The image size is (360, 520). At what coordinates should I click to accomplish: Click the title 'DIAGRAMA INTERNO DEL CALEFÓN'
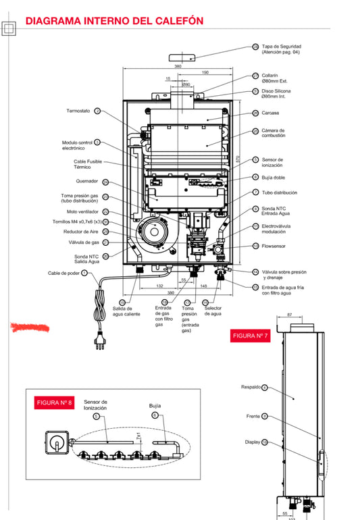coord(114,21)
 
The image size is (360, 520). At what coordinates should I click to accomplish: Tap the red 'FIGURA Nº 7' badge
coord(250,336)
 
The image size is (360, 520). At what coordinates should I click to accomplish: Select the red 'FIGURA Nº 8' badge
coord(54,402)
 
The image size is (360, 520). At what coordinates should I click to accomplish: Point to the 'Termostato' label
coord(78,111)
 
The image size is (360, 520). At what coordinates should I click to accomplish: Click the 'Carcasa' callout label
coord(270,113)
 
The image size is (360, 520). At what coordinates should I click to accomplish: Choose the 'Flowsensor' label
coord(274,246)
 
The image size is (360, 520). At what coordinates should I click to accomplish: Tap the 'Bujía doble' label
coord(274,178)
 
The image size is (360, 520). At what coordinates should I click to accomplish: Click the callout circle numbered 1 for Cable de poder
coord(84,273)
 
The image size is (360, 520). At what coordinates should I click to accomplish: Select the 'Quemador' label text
coord(87,181)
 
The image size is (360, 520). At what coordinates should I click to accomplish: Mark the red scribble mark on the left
coord(30,328)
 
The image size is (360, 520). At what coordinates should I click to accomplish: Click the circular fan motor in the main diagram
coord(154,232)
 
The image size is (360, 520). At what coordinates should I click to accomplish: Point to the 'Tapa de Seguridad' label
coord(282,47)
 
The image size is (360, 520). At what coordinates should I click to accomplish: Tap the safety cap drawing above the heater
coord(182,57)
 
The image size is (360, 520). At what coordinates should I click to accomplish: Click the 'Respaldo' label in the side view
coord(251,387)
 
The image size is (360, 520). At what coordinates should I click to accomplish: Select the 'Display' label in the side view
coord(253,442)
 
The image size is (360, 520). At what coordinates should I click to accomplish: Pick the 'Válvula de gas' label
coord(84,242)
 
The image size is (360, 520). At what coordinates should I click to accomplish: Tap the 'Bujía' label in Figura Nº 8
coord(155,406)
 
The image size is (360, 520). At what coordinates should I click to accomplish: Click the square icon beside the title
coord(9,28)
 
